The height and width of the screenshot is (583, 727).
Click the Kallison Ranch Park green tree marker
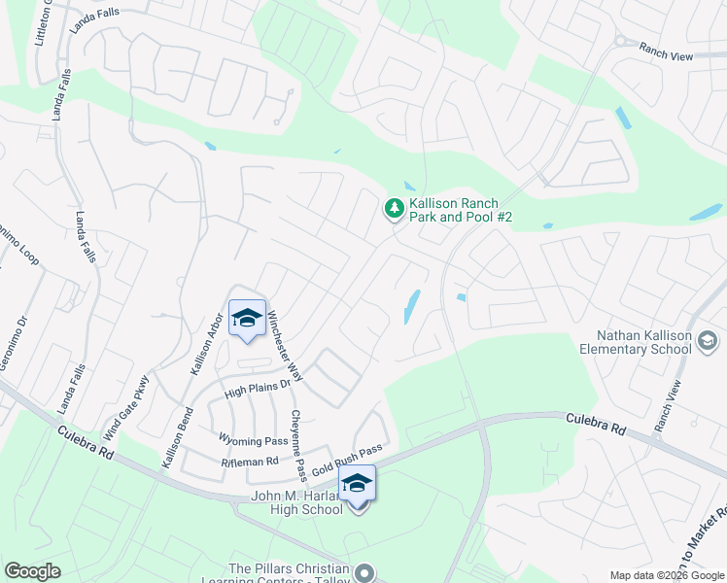(394, 207)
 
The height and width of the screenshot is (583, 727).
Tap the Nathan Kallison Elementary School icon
(709, 340)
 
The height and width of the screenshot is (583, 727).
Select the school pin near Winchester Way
(247, 318)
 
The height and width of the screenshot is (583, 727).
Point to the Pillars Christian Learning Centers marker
(364, 572)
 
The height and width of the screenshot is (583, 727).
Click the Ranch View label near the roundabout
(666, 56)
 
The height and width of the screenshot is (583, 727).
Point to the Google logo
(31, 571)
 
